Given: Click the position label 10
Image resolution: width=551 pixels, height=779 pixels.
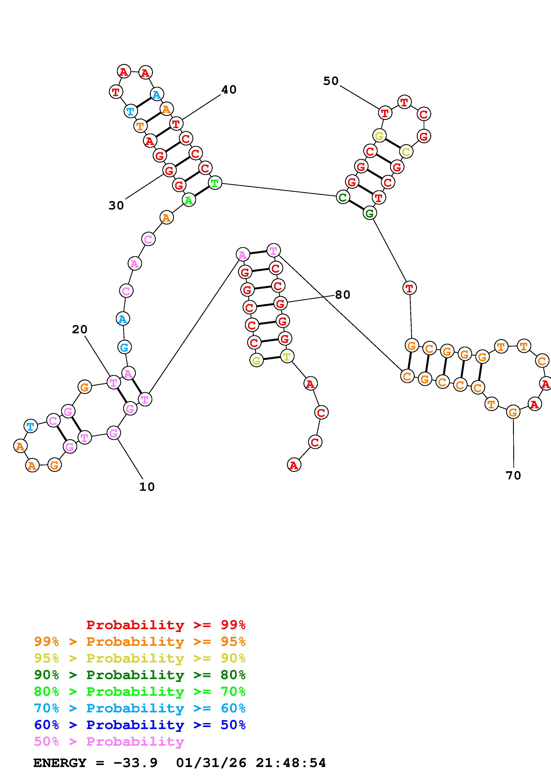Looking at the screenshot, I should (147, 487).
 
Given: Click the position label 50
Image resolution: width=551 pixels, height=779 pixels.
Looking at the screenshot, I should (331, 81).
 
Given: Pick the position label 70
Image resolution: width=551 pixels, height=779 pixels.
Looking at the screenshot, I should (513, 476).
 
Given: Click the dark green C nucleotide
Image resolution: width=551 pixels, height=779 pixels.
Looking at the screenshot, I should (343, 197).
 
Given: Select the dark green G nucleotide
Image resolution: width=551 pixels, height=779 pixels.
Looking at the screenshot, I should (369, 213).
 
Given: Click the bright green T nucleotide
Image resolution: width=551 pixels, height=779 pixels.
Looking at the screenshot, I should (214, 183).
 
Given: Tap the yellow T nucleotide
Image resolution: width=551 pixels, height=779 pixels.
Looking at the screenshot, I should (287, 356).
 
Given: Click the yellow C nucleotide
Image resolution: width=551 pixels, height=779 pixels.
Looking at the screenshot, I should (406, 152).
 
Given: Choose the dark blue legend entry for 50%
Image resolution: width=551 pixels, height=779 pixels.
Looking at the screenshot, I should (140, 725).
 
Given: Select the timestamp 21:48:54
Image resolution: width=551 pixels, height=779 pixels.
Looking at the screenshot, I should (291, 763).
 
